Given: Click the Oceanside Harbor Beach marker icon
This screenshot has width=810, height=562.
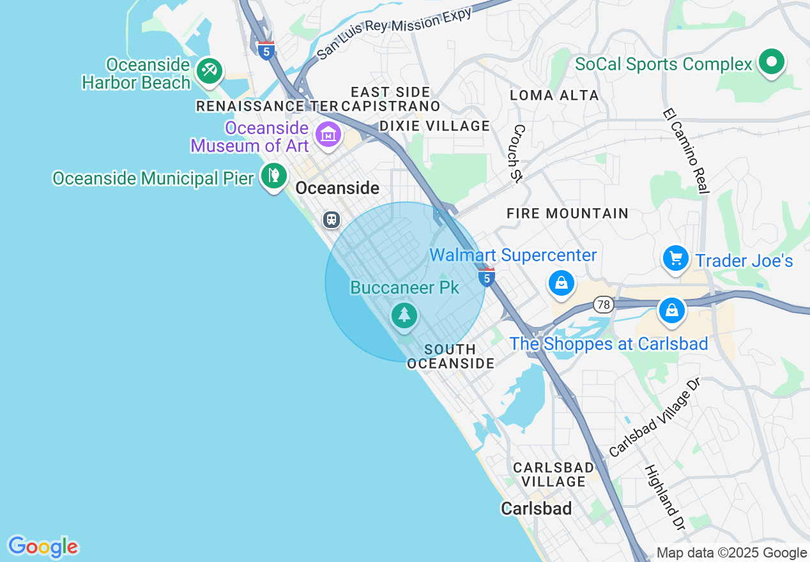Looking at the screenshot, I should click(209, 70).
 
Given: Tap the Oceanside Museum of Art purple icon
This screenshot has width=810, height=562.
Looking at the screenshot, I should click(328, 134).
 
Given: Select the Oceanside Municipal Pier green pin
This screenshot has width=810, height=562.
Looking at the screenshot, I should click(274, 175).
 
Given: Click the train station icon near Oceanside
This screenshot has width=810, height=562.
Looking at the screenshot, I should click(331, 220).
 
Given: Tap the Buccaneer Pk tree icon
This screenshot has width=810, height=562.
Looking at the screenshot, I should click(404, 315).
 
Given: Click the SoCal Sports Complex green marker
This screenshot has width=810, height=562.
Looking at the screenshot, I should click(772, 62).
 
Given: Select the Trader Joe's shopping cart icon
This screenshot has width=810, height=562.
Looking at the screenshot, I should click(675, 259).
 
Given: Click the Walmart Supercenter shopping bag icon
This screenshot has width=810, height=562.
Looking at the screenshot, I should click(561, 283).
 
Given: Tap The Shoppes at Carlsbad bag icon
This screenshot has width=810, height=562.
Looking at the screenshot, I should click(671, 310).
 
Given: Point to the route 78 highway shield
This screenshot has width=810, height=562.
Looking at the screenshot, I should click(603, 305).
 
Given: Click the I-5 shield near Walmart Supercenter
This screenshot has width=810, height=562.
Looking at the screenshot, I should click(487, 277).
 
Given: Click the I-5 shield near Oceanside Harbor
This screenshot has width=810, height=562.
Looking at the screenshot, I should click(266, 50).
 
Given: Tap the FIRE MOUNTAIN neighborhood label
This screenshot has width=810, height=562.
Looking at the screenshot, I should click(567, 213).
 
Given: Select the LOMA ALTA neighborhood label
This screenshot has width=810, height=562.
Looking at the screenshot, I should click(554, 96).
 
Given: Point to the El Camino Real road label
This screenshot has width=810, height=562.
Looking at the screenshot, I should click(687, 151).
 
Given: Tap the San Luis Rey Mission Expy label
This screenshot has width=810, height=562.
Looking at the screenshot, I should click(394, 33).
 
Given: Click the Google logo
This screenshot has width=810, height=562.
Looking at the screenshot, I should click(43, 547).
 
